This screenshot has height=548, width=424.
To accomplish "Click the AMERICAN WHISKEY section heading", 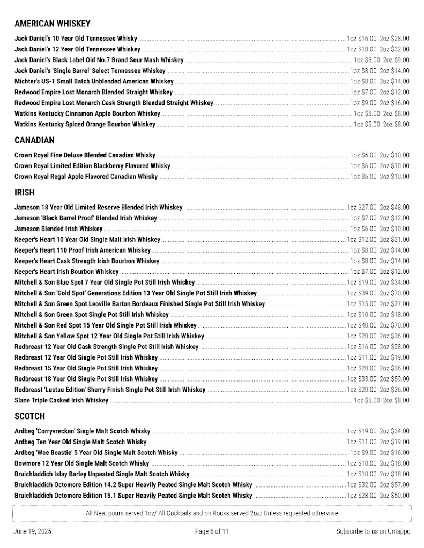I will pyautogui.click(x=53, y=24).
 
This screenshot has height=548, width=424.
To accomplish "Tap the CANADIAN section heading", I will pyautogui.click(x=34, y=140).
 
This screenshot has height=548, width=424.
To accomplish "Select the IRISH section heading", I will pyautogui.click(x=24, y=193).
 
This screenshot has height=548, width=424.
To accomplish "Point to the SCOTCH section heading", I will pyautogui.click(x=29, y=416).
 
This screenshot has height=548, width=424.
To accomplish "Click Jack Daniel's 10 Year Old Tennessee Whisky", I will pyautogui.click(x=76, y=39).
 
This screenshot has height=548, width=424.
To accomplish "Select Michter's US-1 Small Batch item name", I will pyautogui.click(x=94, y=81).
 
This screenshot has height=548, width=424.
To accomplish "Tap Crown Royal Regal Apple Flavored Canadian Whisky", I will pyautogui.click(x=86, y=177).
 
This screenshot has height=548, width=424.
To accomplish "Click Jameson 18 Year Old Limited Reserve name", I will pyautogui.click(x=98, y=208).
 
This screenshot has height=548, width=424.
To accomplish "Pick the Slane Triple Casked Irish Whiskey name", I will pyautogui.click(x=61, y=400).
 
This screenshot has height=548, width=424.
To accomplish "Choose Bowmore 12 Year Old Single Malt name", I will pyautogui.click(x=81, y=463).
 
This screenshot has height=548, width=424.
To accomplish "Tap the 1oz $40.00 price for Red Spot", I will pyautogui.click(x=361, y=325).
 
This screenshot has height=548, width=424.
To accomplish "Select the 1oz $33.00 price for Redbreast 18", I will pyautogui.click(x=361, y=379).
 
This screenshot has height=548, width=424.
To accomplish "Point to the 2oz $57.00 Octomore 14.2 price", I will pyautogui.click(x=394, y=485).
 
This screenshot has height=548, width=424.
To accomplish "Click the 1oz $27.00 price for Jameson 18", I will pyautogui.click(x=361, y=208).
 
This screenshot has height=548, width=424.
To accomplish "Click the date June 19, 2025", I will pyautogui.click(x=33, y=531).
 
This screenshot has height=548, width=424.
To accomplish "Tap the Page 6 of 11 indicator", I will pyautogui.click(x=212, y=531).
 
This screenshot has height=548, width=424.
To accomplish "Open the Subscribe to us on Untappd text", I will pyautogui.click(x=373, y=531).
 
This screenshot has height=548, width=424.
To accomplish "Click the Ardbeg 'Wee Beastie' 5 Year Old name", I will pyautogui.click(x=96, y=453).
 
